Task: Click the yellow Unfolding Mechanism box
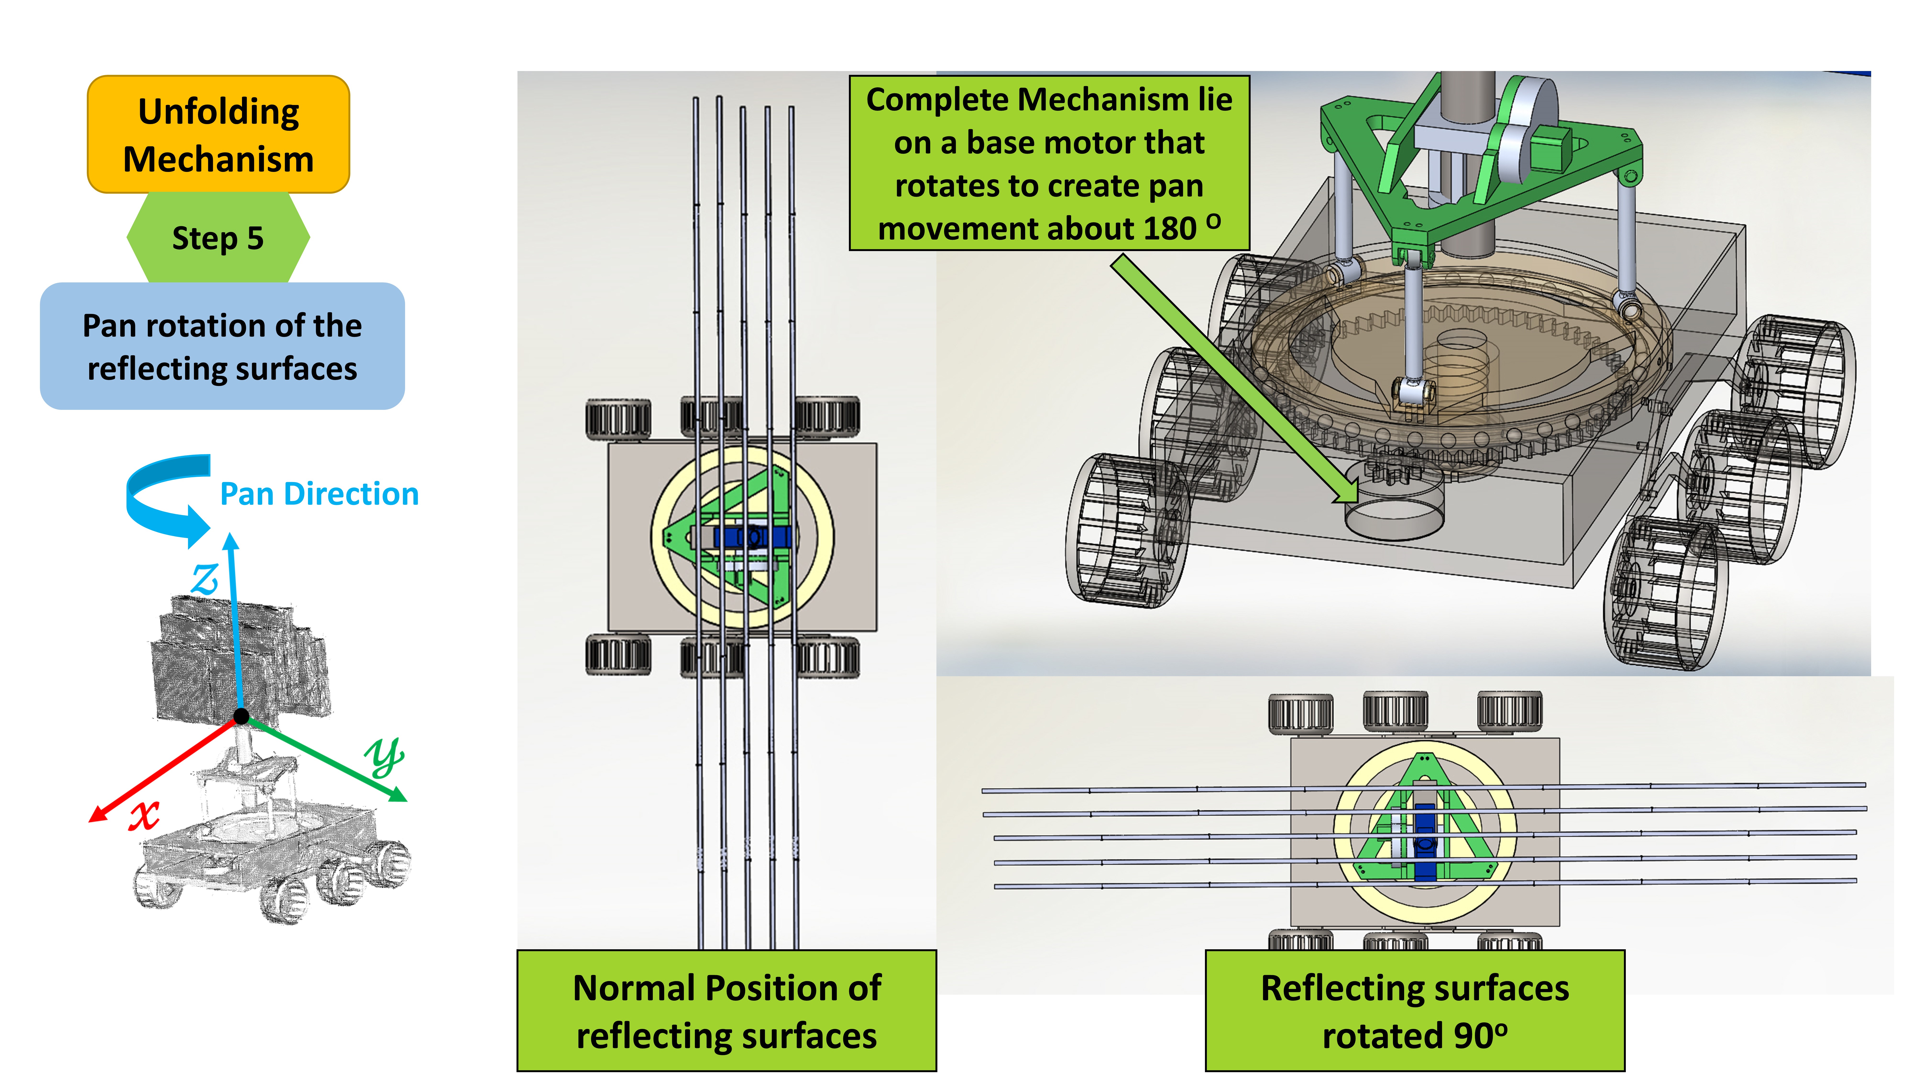218,134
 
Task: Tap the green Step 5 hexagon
218,238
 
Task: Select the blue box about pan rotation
222,346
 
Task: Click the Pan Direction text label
319,494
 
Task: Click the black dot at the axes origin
241,717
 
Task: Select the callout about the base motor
1049,163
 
